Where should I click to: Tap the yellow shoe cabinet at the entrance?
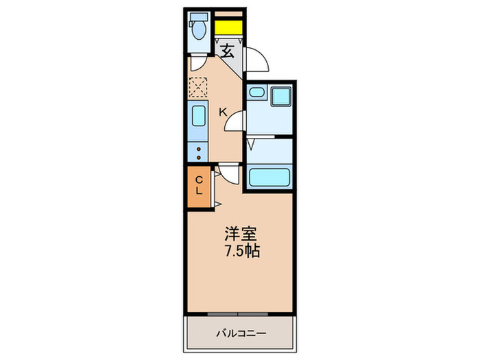tap(228, 28)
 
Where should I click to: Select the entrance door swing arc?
tap(257, 60)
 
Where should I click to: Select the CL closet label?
tap(199, 186)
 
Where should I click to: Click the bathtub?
tap(269, 178)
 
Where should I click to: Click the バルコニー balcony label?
tap(241, 333)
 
